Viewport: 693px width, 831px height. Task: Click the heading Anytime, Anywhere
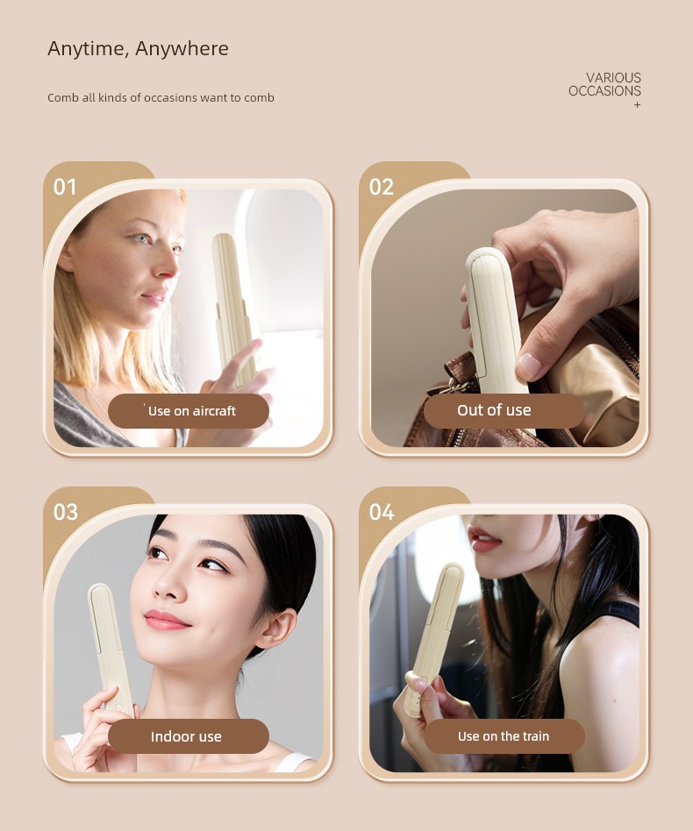pos(138,49)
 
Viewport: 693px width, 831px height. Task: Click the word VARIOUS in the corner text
pos(613,77)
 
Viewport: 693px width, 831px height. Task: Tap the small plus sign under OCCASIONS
pos(638,105)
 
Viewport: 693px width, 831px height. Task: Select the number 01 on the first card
pos(65,187)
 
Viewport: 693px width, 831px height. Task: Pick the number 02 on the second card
pos(382,187)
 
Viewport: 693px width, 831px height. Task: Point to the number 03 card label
pos(65,513)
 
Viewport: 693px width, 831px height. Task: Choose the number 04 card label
pos(382,513)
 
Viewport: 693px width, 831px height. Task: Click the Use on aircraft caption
pos(192,411)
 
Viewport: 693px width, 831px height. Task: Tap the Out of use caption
pos(494,410)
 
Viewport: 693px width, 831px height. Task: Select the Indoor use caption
pos(186,736)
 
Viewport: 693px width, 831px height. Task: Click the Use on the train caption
pos(504,736)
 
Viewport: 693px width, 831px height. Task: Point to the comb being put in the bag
pos(494,323)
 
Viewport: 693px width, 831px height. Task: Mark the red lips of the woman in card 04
pos(484,539)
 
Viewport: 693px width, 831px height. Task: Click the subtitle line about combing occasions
pos(161,97)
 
